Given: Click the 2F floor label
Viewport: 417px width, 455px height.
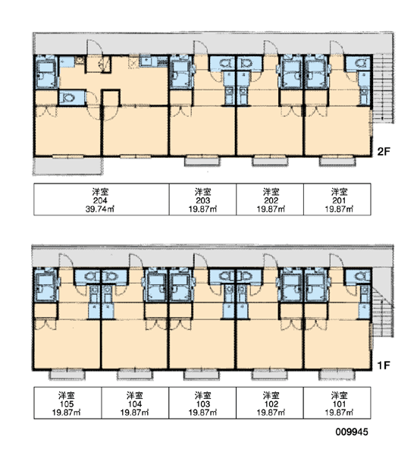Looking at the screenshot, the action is coord(384,152).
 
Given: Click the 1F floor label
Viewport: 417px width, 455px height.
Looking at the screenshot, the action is coord(384,366).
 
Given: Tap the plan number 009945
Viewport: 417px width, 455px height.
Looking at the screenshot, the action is coord(352,431).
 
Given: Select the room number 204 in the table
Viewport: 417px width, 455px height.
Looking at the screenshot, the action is coord(100,200).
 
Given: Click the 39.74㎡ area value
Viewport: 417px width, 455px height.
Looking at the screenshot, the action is coord(99,209).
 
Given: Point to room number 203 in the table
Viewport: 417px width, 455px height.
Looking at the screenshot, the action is coord(203,200).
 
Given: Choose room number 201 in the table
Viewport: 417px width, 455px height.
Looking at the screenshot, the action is coord(339,200).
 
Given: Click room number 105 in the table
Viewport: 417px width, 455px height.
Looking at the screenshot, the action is coord(67,404).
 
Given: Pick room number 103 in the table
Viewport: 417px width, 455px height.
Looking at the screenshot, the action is coord(203,404).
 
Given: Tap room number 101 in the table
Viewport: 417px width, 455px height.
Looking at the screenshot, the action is coord(339,404).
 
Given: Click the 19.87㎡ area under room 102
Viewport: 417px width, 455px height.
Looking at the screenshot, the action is coord(271,413).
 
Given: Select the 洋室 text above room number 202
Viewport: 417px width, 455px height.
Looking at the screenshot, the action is coord(271,192).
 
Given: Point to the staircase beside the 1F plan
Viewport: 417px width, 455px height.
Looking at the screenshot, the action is coord(382,310).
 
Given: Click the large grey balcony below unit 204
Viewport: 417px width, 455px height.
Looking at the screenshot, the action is coord(67,165).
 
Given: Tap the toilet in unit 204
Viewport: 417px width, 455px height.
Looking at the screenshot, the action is coord(68,98).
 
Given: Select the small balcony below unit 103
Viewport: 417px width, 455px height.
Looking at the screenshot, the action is coord(202,375).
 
